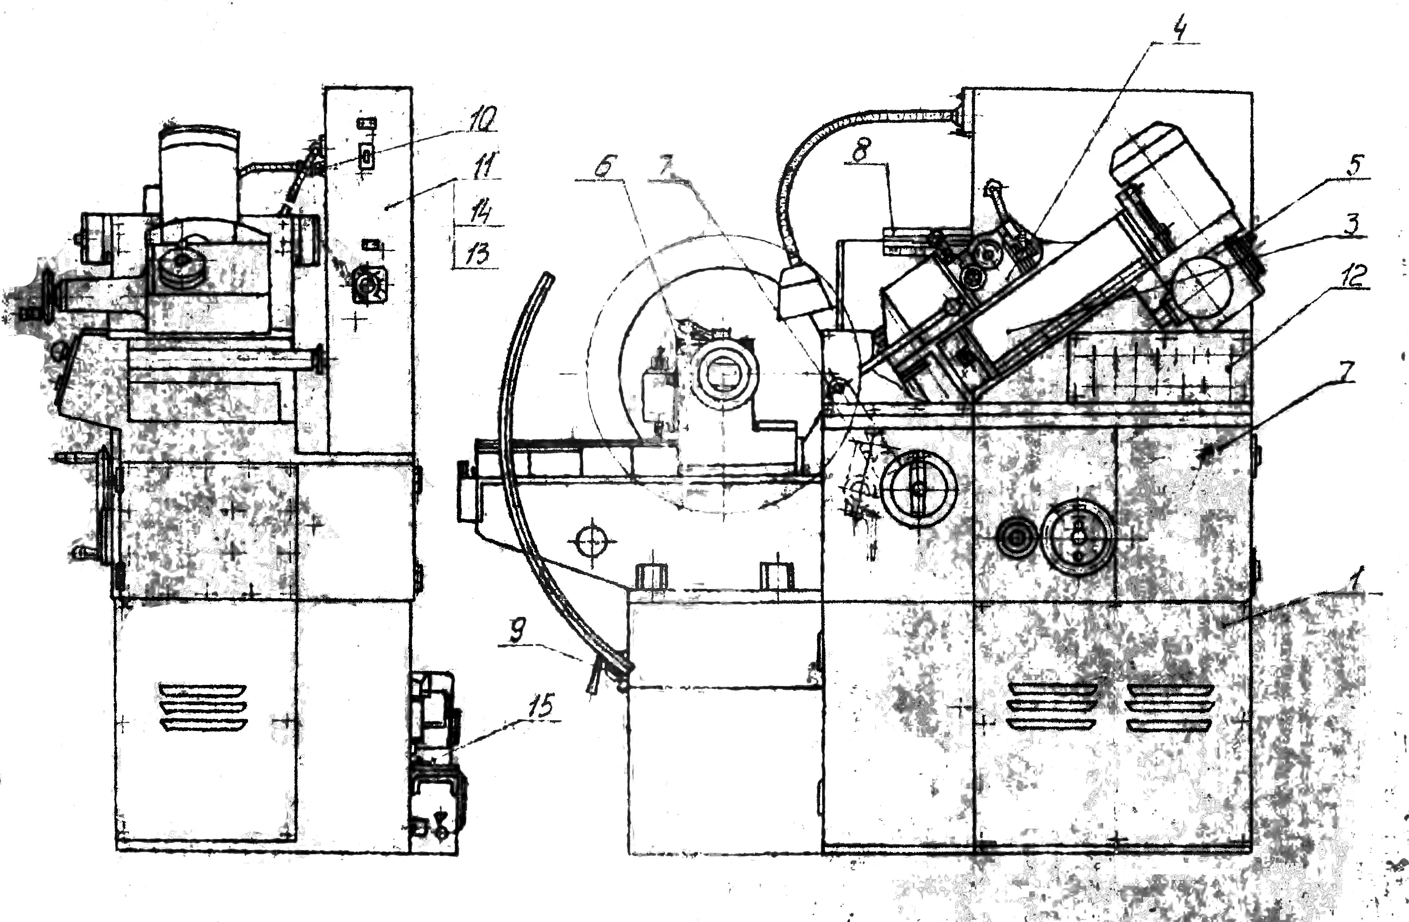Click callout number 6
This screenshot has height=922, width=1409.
pos(602,168)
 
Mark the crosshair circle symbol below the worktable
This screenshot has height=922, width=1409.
pos(592,540)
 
